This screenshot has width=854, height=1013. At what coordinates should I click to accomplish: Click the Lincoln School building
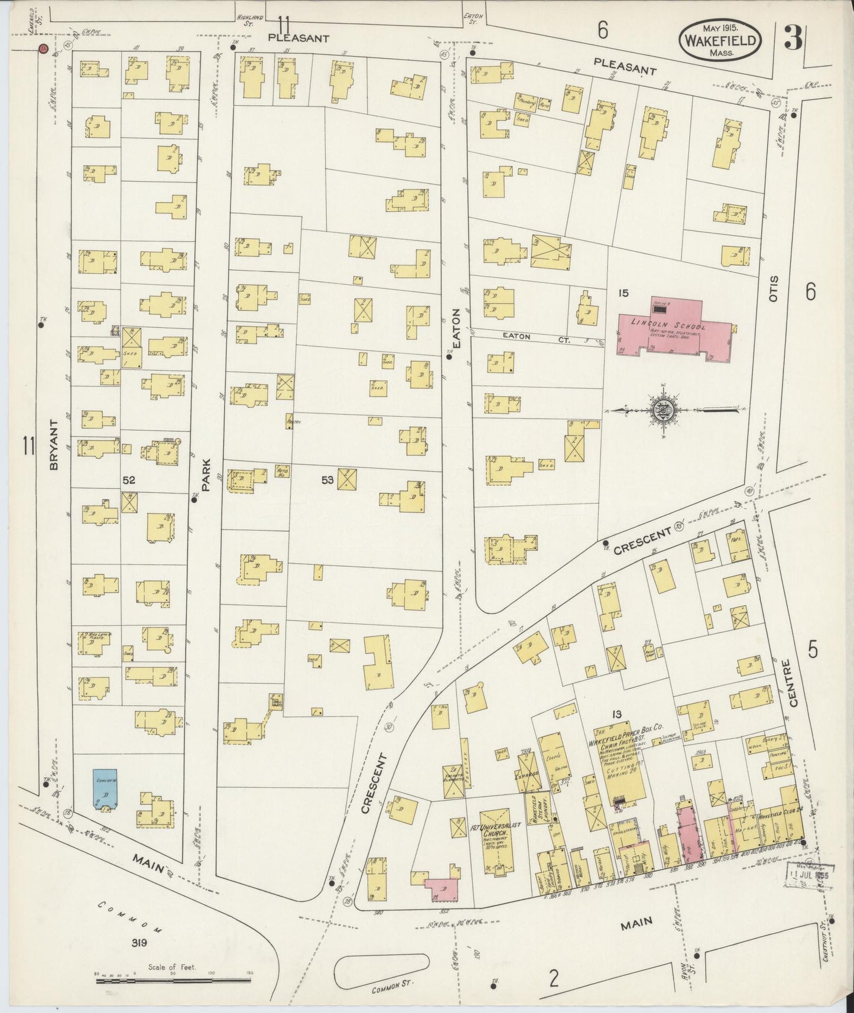pyautogui.click(x=674, y=328)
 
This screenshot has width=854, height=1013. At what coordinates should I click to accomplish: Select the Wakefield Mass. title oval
pyautogui.click(x=719, y=40)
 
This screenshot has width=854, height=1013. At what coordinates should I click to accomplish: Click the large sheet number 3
pyautogui.click(x=792, y=38)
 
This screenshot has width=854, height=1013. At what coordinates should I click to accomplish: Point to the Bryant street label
pyautogui.click(x=54, y=446)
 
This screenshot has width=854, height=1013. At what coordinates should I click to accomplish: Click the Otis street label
pyautogui.click(x=774, y=290)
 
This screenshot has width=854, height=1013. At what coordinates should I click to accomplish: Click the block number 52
pyautogui.click(x=129, y=480)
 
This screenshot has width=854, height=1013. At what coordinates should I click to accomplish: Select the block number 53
pyautogui.click(x=327, y=480)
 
